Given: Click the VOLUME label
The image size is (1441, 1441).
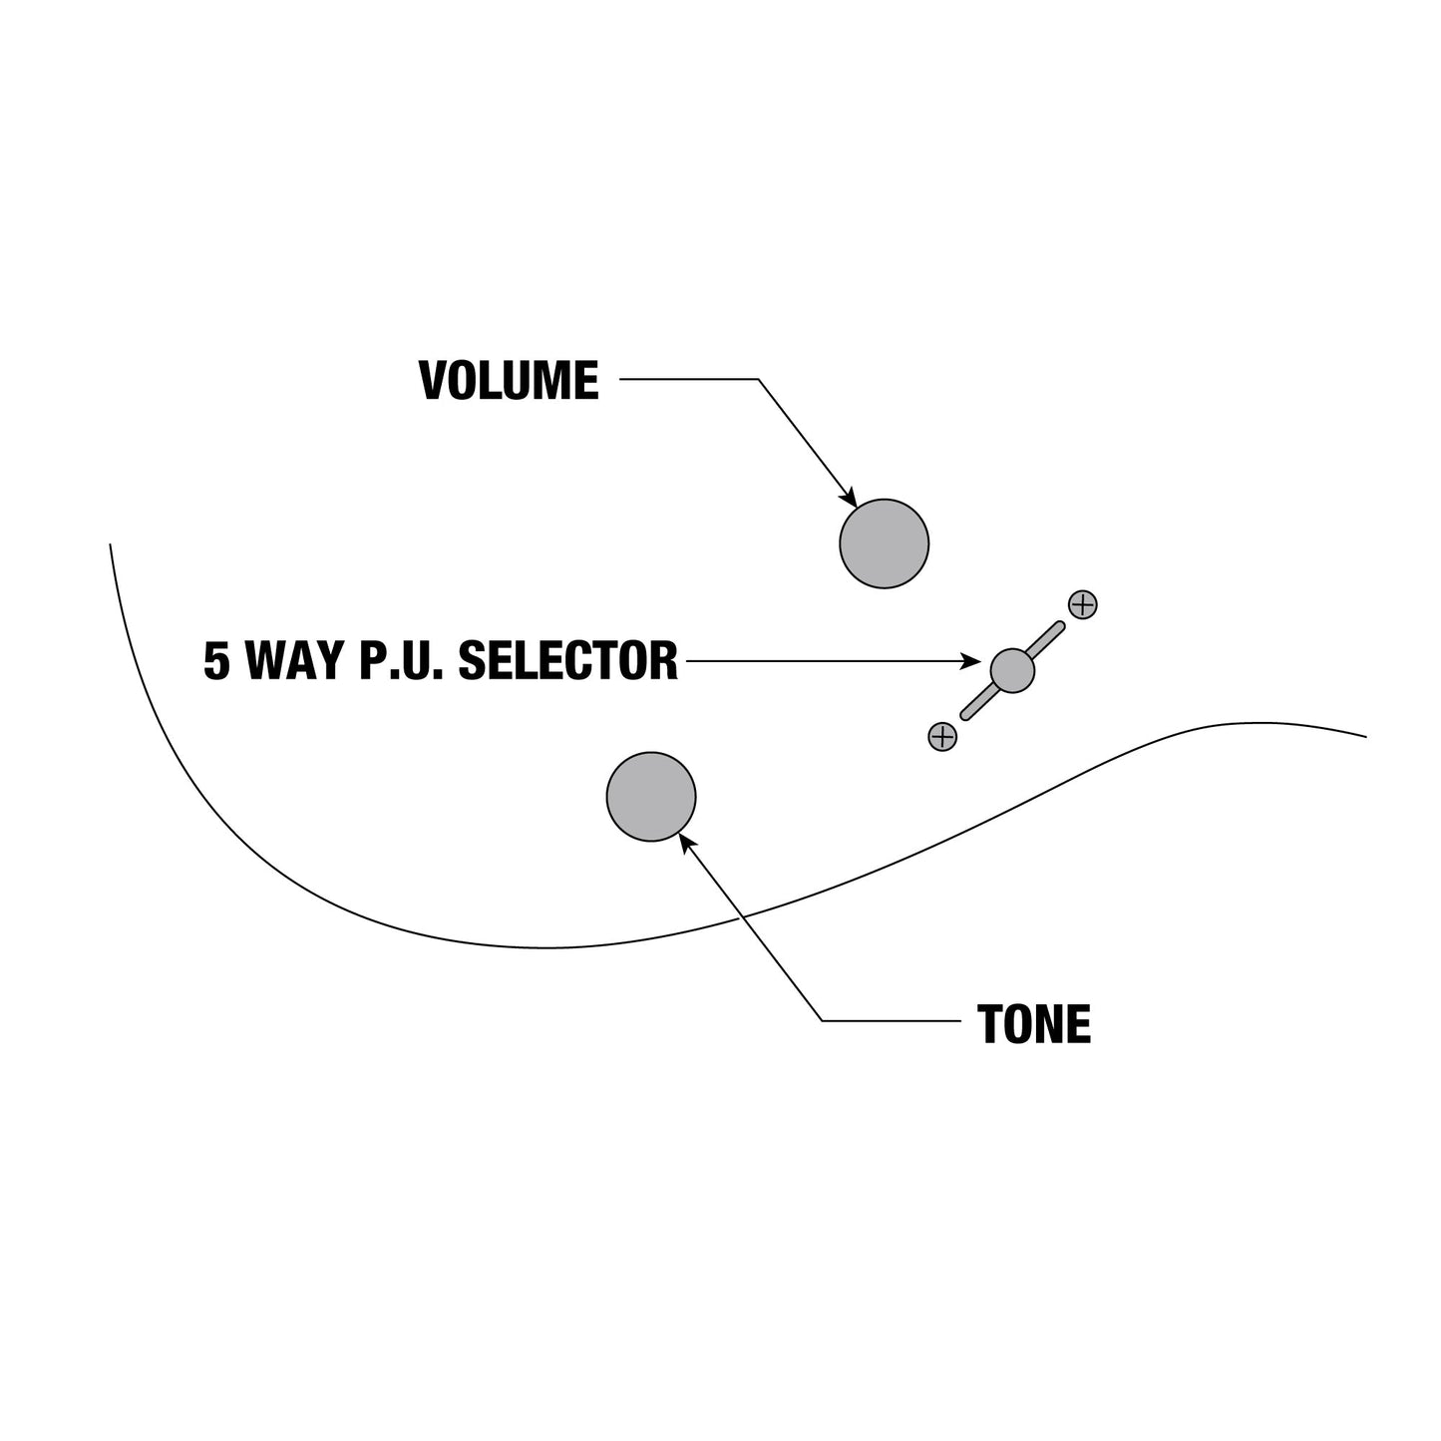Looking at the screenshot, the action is pos(509,380).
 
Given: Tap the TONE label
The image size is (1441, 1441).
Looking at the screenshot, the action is pos(1033,1024).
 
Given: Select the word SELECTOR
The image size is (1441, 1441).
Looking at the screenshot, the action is pos(567,660).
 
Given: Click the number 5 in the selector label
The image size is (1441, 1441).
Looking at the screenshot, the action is pos(216,660).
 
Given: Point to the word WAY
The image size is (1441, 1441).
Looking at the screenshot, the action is pos(294,660).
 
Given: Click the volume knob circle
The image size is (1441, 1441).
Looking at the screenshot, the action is pos(884,543).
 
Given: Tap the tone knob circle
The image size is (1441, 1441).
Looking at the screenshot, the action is pos(650,797).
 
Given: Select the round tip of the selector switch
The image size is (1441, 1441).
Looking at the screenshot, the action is pos(1012,671).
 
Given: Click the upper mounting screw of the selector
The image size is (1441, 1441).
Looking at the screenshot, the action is pos(1083,604).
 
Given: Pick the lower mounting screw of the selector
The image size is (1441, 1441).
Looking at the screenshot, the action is pos(942,737).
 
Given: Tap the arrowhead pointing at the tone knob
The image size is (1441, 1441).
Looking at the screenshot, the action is pos(687,844).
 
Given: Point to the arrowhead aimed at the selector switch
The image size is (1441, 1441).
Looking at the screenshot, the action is pos(970,661).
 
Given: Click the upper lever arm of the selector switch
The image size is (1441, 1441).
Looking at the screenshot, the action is pos(1046,638).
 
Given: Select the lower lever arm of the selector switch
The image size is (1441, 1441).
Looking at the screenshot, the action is pos(978,703).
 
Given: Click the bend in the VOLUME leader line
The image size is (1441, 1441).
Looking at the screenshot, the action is pos(758,379).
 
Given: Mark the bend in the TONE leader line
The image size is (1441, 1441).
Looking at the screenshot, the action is pos(823,1021).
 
